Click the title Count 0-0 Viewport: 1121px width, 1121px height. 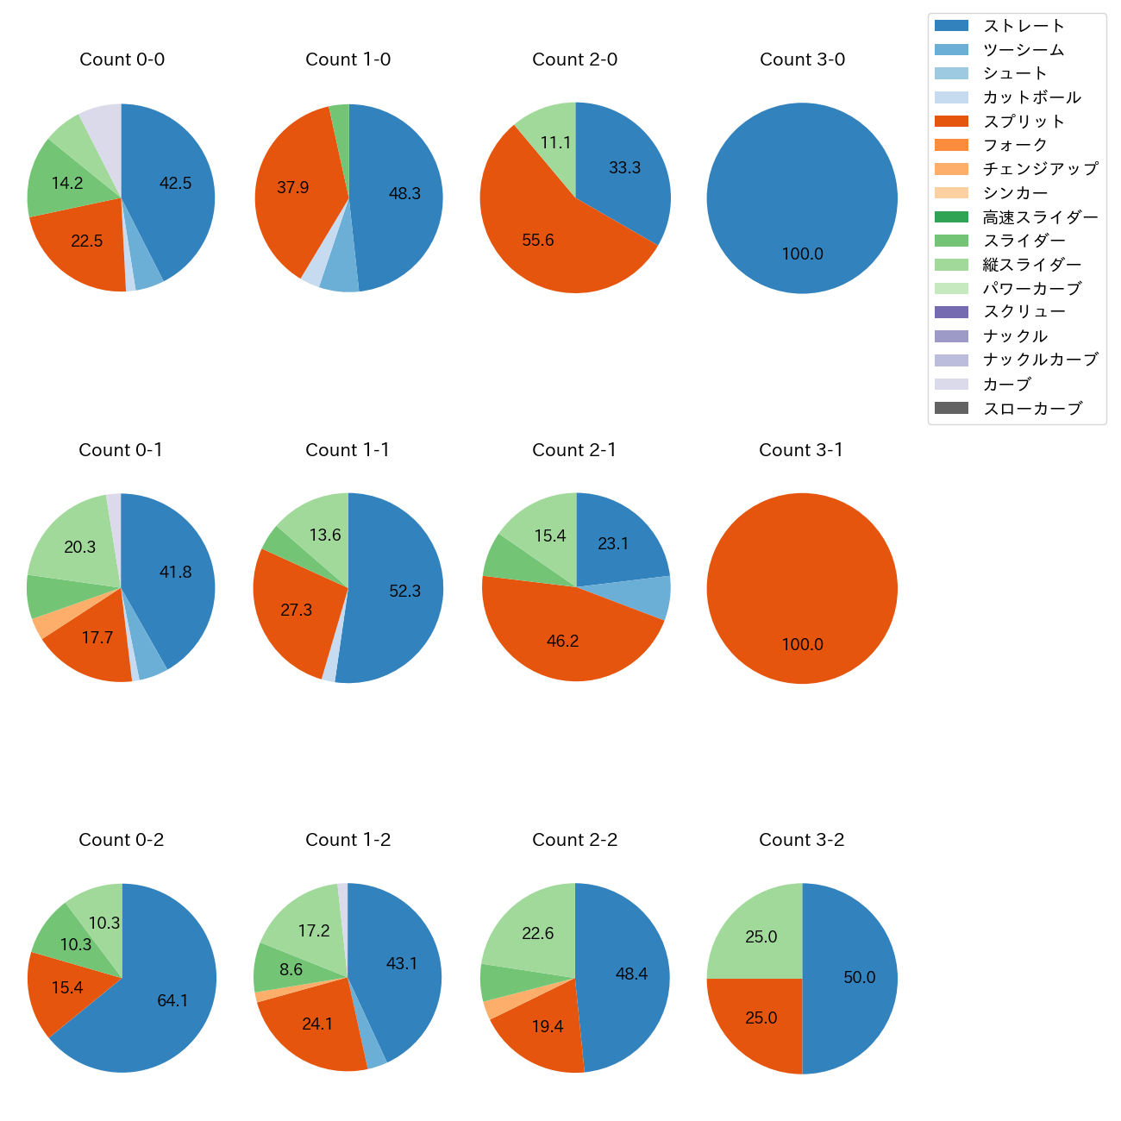tap(122, 59)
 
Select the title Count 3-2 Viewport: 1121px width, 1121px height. tap(801, 840)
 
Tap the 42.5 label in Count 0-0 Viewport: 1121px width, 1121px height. tap(176, 183)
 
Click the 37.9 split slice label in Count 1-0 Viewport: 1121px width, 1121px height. tap(293, 187)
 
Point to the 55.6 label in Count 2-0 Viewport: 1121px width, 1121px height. tap(538, 240)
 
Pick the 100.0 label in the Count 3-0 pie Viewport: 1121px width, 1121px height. tap(802, 254)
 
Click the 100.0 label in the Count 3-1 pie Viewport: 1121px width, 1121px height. tap(802, 644)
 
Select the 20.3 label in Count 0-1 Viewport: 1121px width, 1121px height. tap(80, 547)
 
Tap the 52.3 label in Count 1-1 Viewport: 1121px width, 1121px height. tap(404, 591)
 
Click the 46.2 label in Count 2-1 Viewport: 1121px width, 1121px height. tap(562, 641)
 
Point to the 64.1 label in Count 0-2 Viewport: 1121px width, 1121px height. tap(172, 1000)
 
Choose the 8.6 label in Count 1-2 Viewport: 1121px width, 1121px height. tap(291, 969)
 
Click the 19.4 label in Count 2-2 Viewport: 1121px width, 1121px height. tap(548, 1026)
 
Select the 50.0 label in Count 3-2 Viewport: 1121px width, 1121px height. tap(859, 977)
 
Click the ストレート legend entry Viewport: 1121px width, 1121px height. tap(1024, 26)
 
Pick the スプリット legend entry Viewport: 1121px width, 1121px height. tap(1024, 122)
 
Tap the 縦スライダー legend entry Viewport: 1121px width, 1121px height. tap(1031, 265)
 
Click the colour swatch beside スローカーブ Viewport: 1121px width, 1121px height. tap(951, 408)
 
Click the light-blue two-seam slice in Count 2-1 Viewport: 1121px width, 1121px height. tap(659, 597)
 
